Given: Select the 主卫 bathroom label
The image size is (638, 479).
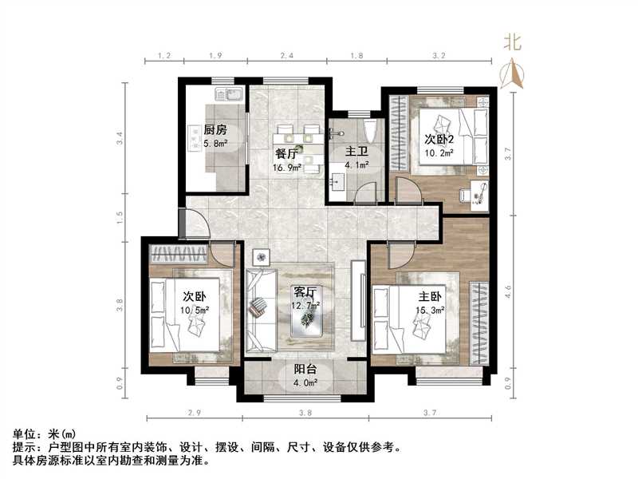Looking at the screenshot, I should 356,151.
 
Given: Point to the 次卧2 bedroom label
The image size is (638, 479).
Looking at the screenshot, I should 439,137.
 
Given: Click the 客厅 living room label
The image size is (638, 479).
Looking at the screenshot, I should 305,292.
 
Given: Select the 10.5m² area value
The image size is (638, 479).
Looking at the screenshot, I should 195,309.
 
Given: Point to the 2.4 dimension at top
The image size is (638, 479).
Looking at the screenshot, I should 286,56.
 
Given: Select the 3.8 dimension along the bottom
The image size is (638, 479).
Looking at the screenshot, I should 304,412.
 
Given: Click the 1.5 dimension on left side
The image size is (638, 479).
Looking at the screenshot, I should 120,216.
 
